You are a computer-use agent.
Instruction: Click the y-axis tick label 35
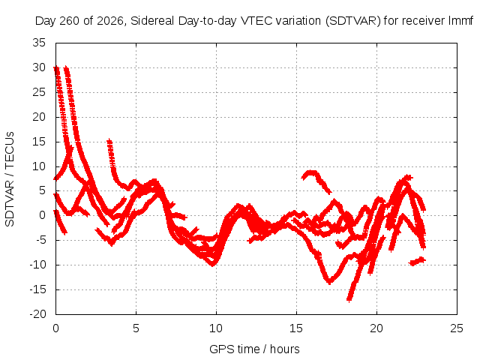click(39, 43)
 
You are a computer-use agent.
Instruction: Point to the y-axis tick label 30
click(39, 67)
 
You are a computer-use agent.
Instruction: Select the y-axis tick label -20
click(37, 314)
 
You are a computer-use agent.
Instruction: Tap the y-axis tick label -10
click(37, 265)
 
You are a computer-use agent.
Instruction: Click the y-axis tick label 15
click(39, 142)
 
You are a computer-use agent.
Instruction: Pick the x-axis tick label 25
click(457, 328)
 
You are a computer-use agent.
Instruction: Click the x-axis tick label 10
click(216, 328)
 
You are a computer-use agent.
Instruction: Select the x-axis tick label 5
click(136, 328)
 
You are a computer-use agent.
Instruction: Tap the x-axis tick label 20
click(376, 328)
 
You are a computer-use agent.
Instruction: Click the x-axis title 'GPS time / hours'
click(254, 349)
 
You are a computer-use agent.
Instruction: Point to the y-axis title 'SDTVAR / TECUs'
click(10, 179)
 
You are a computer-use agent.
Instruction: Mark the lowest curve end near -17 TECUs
click(349, 299)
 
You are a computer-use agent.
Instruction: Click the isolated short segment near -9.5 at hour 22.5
click(417, 261)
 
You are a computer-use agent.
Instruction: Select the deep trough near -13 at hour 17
click(329, 281)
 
